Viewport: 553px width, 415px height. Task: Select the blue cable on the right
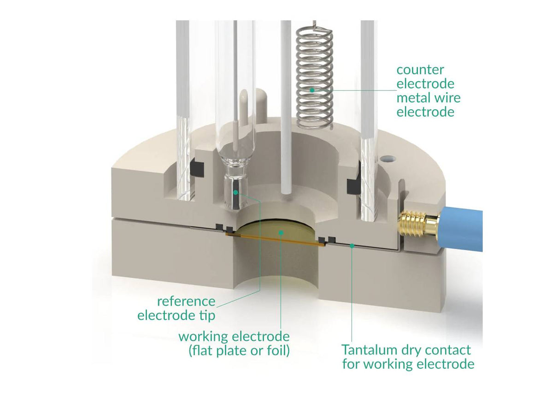pyautogui.click(x=462, y=230)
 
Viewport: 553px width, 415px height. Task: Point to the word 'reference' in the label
pyautogui.click(x=186, y=302)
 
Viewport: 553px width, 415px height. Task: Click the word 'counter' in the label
pyautogui.click(x=420, y=70)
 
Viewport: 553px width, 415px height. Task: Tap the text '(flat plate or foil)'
pyautogui.click(x=239, y=350)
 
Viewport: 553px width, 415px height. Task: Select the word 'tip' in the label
pyautogui.click(x=206, y=316)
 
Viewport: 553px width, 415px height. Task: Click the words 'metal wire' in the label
pyautogui.click(x=428, y=98)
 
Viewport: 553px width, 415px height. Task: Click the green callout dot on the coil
pyautogui.click(x=312, y=90)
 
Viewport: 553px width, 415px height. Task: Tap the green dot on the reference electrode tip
pyautogui.click(x=235, y=192)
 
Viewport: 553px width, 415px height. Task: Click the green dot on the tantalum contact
pyautogui.click(x=353, y=246)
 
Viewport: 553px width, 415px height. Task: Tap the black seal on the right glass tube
pyautogui.click(x=353, y=186)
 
